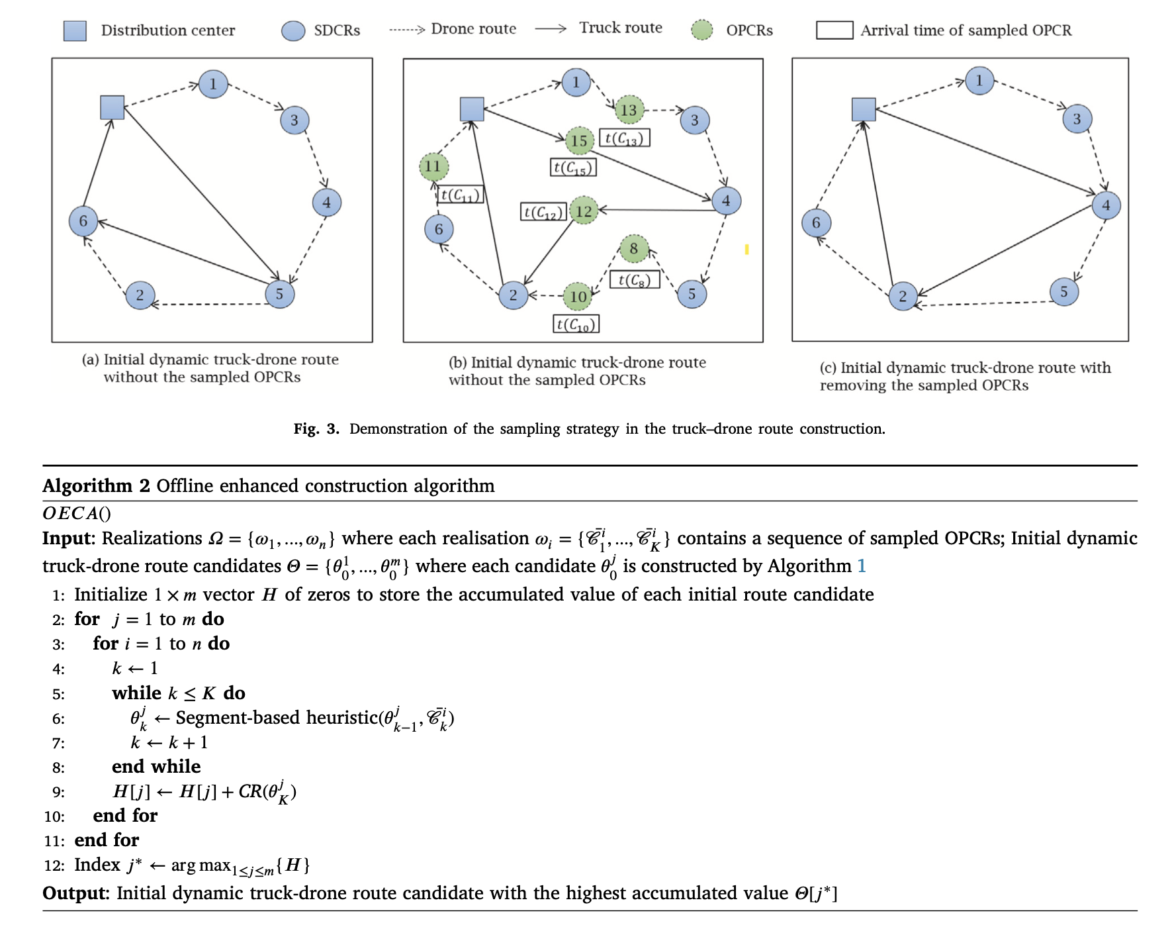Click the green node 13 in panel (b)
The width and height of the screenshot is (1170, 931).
point(629,110)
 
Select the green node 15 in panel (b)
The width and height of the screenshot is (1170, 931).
point(580,140)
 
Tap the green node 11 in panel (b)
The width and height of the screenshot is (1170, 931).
point(433,166)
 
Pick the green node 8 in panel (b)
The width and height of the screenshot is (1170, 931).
point(634,248)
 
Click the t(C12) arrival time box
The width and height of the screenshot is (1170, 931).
point(543,212)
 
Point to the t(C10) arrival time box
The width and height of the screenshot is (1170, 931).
point(576,324)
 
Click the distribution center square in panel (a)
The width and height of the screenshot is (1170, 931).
point(112,107)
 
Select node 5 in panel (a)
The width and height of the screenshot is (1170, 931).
point(279,294)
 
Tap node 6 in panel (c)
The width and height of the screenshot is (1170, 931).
point(816,223)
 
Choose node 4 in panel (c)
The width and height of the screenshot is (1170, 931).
point(1106,205)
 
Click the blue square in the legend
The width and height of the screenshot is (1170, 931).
point(75,30)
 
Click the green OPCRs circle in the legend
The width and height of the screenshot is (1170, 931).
point(702,30)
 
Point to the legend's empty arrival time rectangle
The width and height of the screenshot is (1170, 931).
point(834,30)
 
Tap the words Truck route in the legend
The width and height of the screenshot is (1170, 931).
point(621,28)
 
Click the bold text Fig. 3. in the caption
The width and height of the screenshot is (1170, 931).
point(316,429)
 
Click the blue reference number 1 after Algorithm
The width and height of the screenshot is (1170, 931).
point(862,566)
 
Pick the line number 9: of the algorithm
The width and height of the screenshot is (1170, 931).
point(59,793)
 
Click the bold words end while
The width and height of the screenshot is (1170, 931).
point(156,767)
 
